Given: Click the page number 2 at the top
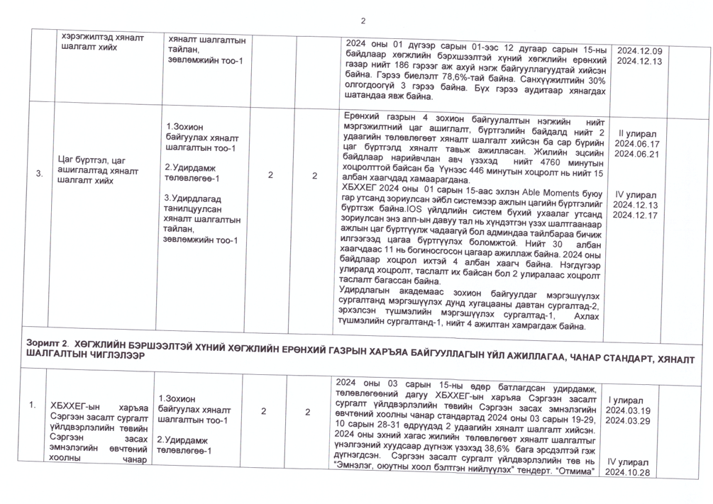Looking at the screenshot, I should point(363,20).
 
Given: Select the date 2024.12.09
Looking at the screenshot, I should point(639,51).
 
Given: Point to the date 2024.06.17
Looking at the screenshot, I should point(637,143).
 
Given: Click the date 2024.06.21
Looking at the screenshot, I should point(637,154).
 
